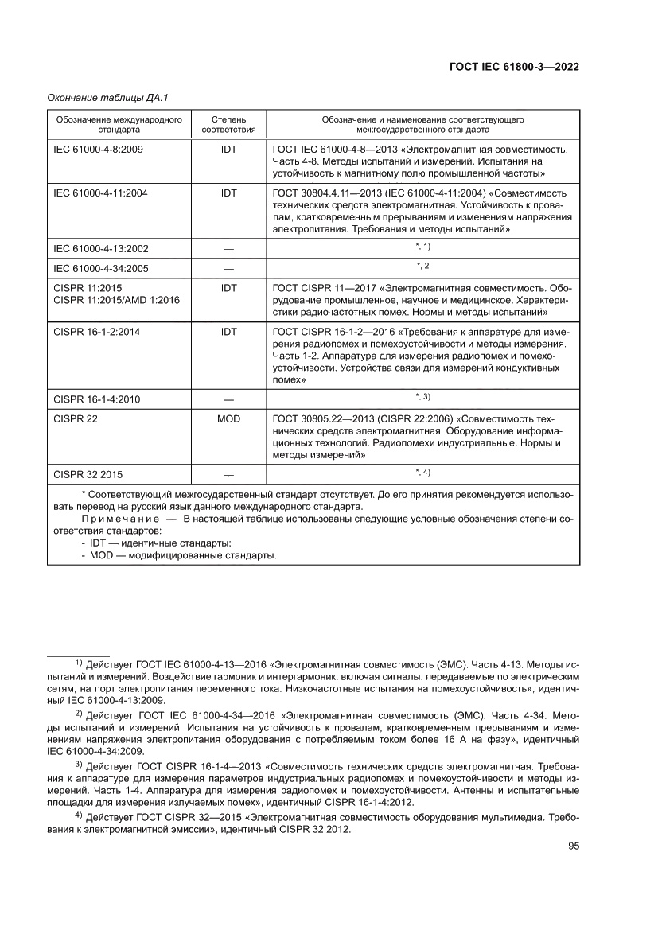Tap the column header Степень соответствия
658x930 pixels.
pyautogui.click(x=228, y=123)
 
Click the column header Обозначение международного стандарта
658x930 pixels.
pyautogui.click(x=119, y=123)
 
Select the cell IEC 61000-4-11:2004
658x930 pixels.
pyautogui.click(x=100, y=193)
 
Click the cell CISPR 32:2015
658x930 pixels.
pyautogui.click(x=88, y=475)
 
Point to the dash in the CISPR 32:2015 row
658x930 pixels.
pyautogui.click(x=228, y=475)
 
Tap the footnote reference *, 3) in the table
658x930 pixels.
pyautogui.click(x=422, y=396)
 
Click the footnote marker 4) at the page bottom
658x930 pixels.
pyautogui.click(x=79, y=816)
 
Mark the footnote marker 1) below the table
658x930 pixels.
pyautogui.click(x=79, y=662)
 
